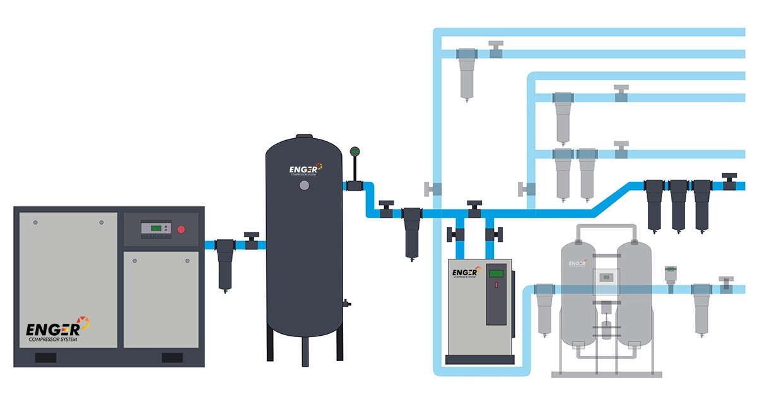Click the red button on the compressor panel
[182, 228]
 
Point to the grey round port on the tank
[305, 186]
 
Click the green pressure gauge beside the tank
[354, 151]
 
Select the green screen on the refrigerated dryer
[496, 273]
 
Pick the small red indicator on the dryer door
[496, 285]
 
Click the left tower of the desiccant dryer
[577, 290]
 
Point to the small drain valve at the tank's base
[346, 304]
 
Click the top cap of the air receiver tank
[305, 135]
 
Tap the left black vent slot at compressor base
[45, 357]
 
